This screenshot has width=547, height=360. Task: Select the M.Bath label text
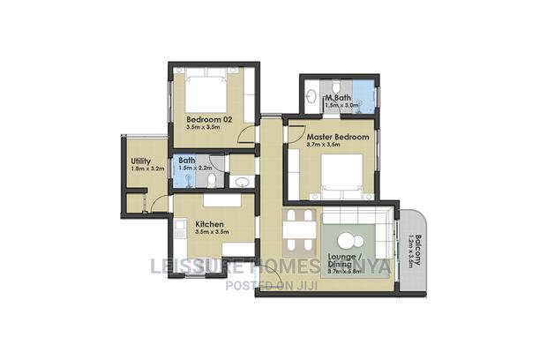(339, 97)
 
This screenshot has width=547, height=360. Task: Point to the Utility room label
(139, 161)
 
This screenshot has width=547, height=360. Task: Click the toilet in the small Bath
(212, 180)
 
